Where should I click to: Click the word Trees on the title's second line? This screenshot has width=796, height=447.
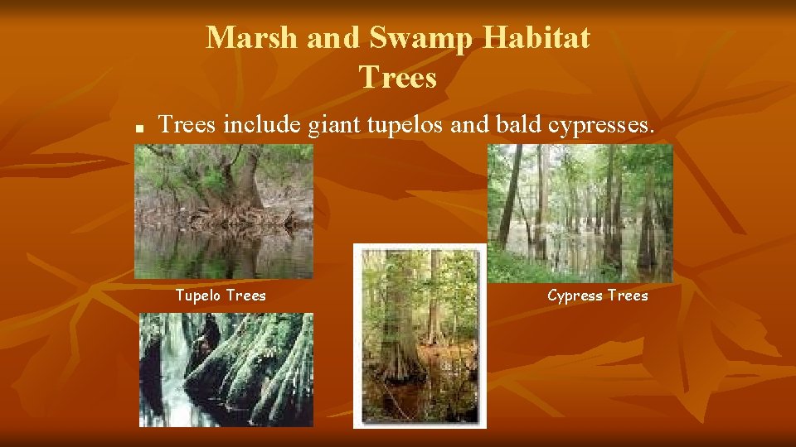[x=398, y=78]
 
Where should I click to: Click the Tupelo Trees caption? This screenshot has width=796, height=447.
[x=221, y=296]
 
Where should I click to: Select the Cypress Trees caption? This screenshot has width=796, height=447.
[x=598, y=296]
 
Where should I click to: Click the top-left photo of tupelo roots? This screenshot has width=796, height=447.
[x=224, y=211]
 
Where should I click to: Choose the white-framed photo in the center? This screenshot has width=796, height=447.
[x=420, y=335]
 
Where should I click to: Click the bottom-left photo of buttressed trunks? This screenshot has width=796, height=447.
[x=226, y=369]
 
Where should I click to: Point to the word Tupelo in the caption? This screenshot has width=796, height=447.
[x=197, y=296]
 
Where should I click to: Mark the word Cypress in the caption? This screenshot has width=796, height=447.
[x=575, y=296]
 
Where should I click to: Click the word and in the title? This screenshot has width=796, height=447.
[x=337, y=37]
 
